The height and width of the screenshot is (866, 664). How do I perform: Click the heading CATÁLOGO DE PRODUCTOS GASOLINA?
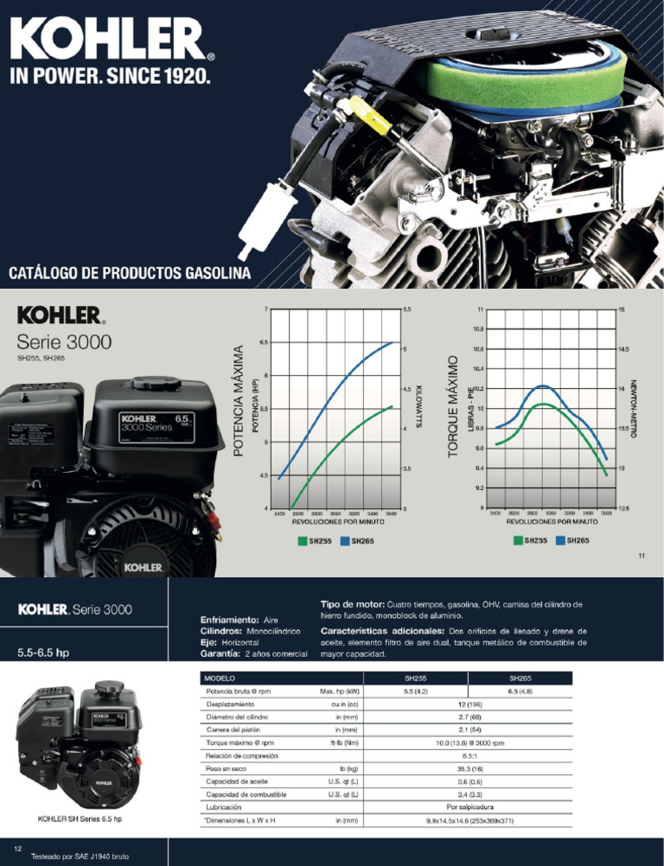(x=130, y=274)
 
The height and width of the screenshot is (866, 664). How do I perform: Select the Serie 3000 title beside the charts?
(x=65, y=341)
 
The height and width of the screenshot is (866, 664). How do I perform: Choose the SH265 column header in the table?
(x=520, y=678)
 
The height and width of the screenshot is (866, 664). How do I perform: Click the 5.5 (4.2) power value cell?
(x=421, y=691)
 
